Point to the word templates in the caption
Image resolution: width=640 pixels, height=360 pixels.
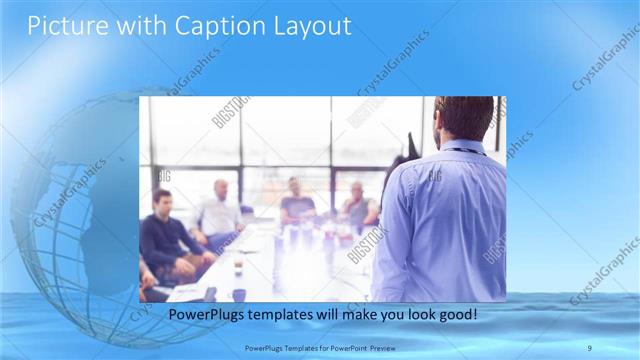tap(282, 314)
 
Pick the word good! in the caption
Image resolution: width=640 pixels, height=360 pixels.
tap(455, 314)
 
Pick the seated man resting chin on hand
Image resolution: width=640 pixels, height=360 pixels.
tap(357, 205)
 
